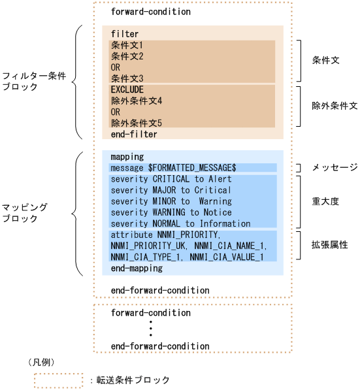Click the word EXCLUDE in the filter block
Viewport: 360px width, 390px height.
coord(127,89)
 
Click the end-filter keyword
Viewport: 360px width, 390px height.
coord(134,134)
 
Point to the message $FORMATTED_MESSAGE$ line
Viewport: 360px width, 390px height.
coord(173,168)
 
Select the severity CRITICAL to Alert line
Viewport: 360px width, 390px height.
coord(171,179)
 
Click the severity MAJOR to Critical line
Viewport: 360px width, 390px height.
coord(171,190)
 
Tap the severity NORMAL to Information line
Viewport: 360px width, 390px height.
coord(180,223)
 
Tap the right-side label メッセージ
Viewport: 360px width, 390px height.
coord(334,168)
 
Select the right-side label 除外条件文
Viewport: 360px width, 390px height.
coord(334,105)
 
